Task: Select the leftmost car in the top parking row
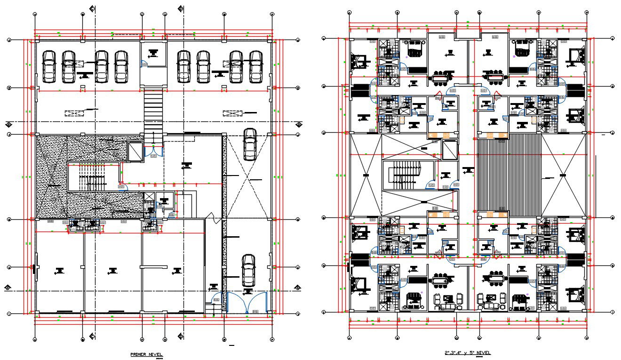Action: click(x=49, y=66)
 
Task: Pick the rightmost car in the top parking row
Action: click(x=255, y=66)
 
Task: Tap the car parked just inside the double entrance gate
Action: click(x=248, y=271)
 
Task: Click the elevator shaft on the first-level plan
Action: click(x=135, y=151)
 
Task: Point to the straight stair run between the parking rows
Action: click(x=153, y=113)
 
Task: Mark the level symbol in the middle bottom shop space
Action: click(x=112, y=270)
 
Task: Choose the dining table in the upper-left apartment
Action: click(x=442, y=76)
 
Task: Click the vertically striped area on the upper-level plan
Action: click(x=509, y=175)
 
